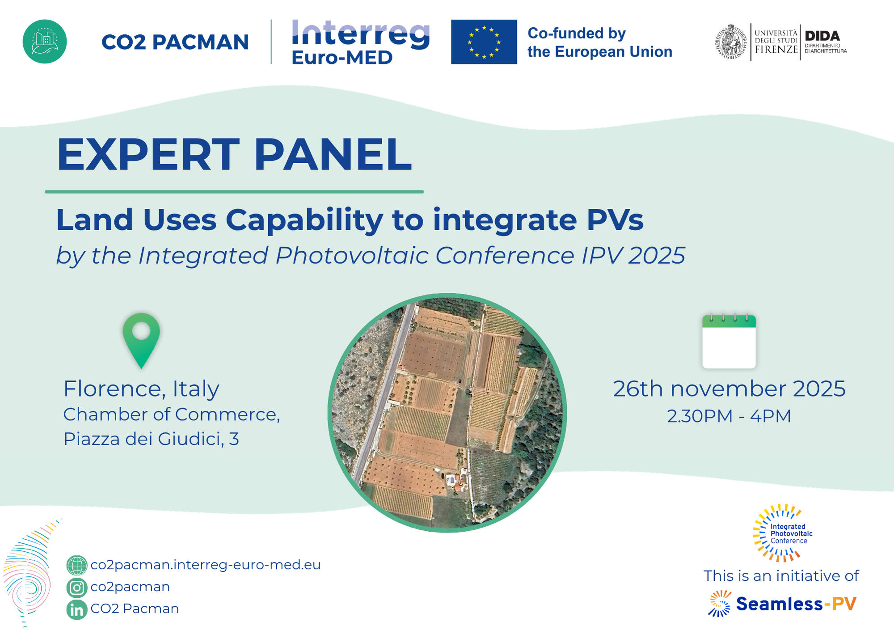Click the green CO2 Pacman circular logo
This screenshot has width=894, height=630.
click(45, 42)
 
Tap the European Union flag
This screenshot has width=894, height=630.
click(484, 42)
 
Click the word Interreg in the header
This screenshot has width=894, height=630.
click(361, 34)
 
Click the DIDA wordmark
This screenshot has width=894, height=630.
click(822, 36)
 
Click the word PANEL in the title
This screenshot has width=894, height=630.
click(333, 154)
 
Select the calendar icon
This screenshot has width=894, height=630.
click(729, 341)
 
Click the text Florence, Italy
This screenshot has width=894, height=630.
click(141, 389)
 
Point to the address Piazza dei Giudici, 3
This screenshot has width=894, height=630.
click(151, 439)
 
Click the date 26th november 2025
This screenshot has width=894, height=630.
click(729, 389)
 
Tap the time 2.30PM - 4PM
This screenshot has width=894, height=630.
click(729, 416)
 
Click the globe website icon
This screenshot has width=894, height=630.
click(77, 565)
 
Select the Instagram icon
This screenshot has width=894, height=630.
click(77, 588)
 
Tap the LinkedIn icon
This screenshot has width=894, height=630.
click(77, 609)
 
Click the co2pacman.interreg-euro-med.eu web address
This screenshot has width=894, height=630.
click(206, 565)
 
